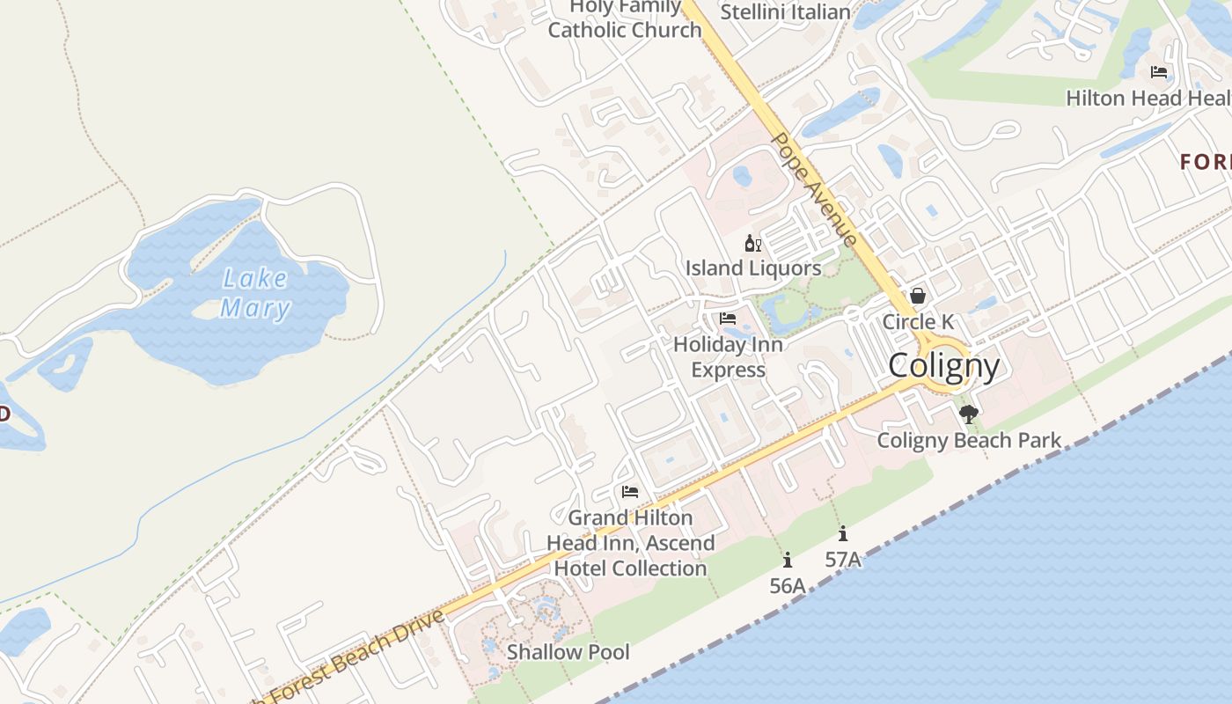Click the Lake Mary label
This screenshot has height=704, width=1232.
(x=255, y=293)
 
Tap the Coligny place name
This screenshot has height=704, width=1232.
(x=943, y=365)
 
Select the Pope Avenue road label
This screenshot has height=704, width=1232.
(x=814, y=190)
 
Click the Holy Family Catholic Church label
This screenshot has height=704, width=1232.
(x=625, y=19)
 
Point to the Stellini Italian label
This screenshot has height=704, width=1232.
(x=785, y=12)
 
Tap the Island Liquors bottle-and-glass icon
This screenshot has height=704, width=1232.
(x=752, y=244)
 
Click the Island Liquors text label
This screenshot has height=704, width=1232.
(x=753, y=268)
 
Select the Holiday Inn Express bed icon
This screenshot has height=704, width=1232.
(x=728, y=319)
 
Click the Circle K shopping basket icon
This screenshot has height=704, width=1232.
(x=918, y=296)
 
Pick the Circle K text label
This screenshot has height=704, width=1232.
(x=918, y=321)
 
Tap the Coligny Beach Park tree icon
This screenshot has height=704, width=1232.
(x=969, y=414)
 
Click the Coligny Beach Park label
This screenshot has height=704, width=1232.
(x=969, y=440)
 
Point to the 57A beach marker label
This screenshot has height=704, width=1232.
(x=842, y=559)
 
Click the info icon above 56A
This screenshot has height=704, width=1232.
(x=788, y=560)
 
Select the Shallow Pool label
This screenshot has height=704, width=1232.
(x=568, y=652)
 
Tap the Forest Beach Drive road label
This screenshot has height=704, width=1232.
(x=352, y=656)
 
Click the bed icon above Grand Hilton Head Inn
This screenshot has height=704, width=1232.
(x=629, y=492)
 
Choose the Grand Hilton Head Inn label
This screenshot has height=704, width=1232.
(x=630, y=543)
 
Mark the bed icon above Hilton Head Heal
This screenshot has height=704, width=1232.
(x=1159, y=72)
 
